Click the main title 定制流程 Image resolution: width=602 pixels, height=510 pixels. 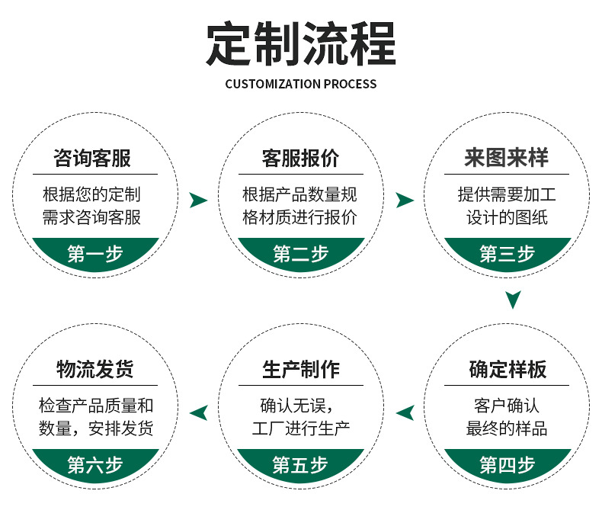(x=301, y=44)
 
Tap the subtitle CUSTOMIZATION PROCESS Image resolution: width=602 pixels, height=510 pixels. (x=301, y=84)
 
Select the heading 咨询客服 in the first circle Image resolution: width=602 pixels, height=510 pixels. (x=92, y=159)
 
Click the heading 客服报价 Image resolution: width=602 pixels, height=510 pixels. (x=300, y=159)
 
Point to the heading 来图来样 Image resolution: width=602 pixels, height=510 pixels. (x=507, y=159)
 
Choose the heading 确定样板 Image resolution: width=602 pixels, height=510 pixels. (x=508, y=370)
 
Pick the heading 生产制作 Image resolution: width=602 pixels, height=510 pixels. (x=300, y=370)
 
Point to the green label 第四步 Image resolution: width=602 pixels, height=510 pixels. (x=508, y=464)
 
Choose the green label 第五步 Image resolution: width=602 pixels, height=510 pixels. (x=301, y=464)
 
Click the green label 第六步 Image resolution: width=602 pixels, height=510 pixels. (x=95, y=464)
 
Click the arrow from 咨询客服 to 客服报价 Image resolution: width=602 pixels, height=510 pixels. (x=198, y=200)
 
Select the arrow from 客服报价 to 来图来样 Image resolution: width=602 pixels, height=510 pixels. (x=405, y=200)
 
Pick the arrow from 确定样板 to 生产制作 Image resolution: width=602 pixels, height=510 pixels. (x=405, y=413)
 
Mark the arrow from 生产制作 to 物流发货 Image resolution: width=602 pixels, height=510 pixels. (x=198, y=413)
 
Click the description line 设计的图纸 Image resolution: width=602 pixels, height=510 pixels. (x=508, y=217)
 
